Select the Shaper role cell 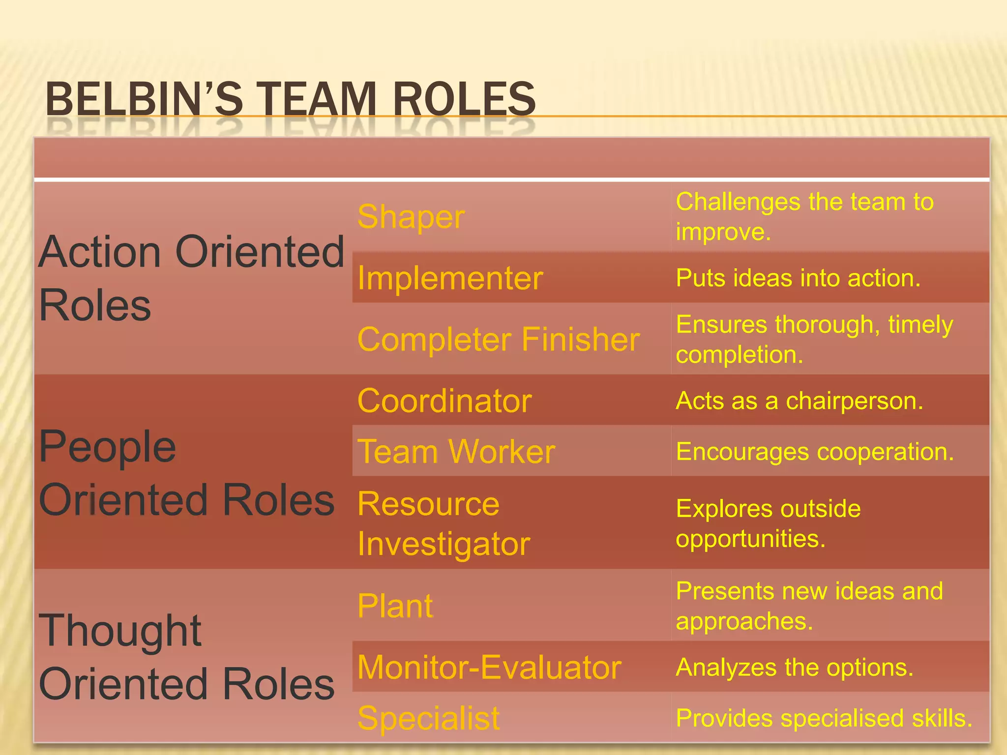pos(411,217)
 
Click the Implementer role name pos(450,278)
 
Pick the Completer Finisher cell pos(499,339)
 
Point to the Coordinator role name pos(444,401)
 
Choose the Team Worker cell pos(456,451)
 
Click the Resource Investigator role pos(444,523)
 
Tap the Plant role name pos(395,606)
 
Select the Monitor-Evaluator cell pos(490,668)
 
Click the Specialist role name pos(428,718)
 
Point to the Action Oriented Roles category pos(191,278)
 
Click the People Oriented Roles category pos(186,473)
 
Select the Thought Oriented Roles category pos(186,657)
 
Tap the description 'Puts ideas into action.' pos(798,278)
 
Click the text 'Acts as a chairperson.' pos(800,401)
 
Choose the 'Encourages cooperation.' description pos(815,451)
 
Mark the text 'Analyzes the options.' pos(795,668)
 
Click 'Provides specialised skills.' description pos(824,718)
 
